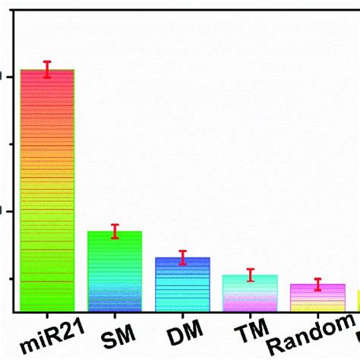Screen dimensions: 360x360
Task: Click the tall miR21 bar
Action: click(x=47, y=190)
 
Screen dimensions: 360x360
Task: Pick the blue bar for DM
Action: click(x=182, y=284)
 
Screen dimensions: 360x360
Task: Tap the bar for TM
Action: click(x=250, y=293)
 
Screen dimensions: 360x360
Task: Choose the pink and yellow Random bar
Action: click(x=317, y=298)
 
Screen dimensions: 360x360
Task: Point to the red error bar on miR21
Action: click(x=47, y=69)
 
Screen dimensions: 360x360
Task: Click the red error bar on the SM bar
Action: click(x=115, y=232)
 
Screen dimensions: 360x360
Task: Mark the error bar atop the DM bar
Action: click(x=182, y=257)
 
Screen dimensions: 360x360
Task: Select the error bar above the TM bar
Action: click(x=250, y=275)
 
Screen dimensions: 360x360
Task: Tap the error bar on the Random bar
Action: click(x=317, y=285)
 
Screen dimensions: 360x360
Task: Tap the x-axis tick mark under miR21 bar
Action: click(x=47, y=315)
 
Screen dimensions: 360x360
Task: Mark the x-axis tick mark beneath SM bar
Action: click(x=115, y=315)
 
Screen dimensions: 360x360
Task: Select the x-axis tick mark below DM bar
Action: click(x=182, y=315)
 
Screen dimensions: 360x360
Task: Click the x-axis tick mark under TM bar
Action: click(x=250, y=315)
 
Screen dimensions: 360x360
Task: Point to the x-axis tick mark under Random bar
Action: click(x=317, y=315)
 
